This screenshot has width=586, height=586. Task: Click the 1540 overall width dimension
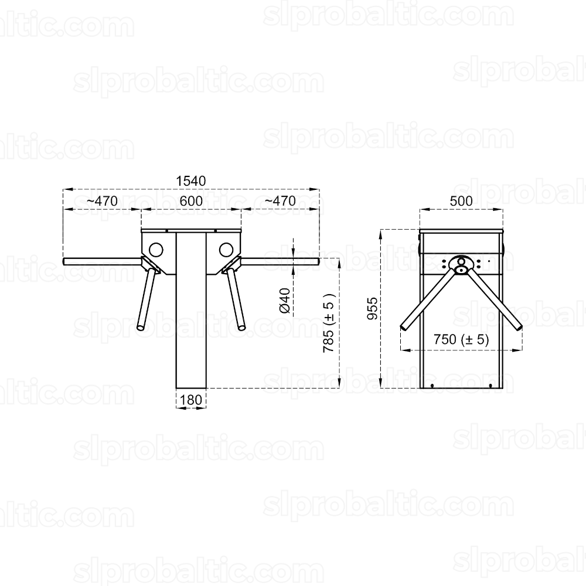tap(191, 181)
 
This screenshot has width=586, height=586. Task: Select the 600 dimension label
tap(192, 201)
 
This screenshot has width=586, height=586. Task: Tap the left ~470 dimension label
tap(102, 201)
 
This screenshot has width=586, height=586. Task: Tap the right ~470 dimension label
tap(280, 201)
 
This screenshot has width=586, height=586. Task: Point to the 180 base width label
tap(191, 400)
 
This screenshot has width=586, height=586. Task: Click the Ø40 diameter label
tap(285, 300)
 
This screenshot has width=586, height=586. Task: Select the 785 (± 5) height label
tap(329, 322)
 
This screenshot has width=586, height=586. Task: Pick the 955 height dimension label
tap(372, 309)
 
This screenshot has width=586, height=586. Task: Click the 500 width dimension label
tap(461, 201)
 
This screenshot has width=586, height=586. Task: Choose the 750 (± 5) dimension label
tap(461, 339)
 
